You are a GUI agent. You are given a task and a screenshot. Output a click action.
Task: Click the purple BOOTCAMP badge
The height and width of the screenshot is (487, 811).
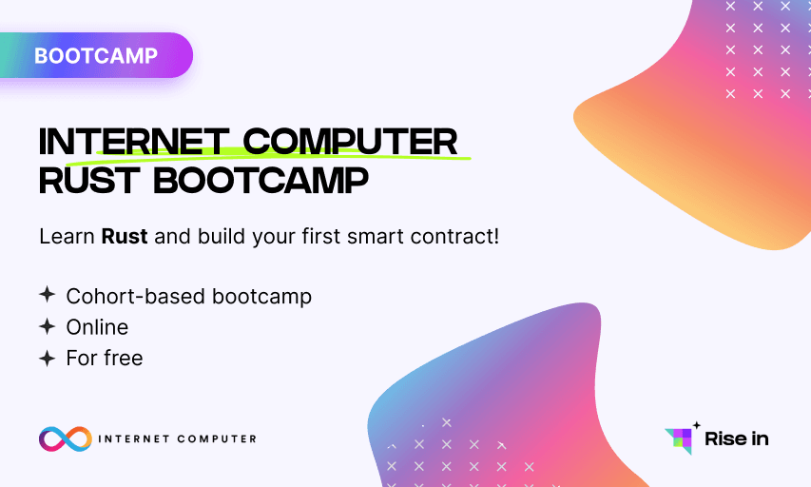coord(96,55)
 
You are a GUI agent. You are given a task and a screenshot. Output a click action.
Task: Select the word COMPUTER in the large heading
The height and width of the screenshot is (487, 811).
coord(350,142)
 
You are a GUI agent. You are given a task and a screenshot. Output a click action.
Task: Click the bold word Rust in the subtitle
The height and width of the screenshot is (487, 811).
coord(125,236)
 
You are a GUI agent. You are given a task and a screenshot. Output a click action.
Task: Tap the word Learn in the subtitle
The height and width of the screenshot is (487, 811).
coord(68,236)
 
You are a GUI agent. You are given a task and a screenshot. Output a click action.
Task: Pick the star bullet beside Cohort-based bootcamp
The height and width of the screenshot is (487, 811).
coord(47,296)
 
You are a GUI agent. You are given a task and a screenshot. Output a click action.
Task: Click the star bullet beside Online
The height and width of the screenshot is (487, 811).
coord(47,327)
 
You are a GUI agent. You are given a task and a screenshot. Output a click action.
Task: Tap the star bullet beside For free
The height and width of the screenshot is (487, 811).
coord(47,359)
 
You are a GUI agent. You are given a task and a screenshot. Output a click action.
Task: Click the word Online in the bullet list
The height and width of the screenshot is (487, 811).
coord(97,327)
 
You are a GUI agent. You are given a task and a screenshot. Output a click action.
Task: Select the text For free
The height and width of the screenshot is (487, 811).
coord(105,359)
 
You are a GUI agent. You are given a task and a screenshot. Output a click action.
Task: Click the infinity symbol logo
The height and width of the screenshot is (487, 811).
coord(65,438)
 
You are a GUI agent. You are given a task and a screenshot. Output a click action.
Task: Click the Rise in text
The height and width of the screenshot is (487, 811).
coord(736,438)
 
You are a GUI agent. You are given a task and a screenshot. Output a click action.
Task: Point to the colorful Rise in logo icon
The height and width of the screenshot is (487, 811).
coord(679,439)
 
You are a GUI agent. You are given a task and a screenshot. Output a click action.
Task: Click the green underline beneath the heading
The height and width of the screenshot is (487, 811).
coord(285,155)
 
